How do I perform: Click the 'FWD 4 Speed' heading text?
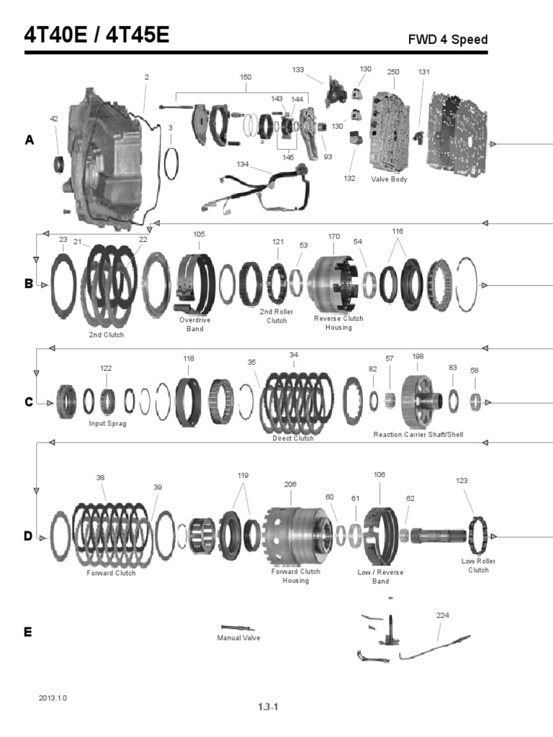[447, 40]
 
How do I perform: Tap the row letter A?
[29, 141]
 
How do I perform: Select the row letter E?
[27, 632]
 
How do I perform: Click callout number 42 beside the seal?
[53, 119]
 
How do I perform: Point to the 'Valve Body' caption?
[389, 179]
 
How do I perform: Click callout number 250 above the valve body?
[393, 72]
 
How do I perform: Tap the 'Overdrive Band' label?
[190, 324]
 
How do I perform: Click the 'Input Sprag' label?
[108, 423]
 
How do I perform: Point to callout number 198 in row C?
[418, 356]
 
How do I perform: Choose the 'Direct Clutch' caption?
[293, 438]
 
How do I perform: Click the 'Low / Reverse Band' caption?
[380, 577]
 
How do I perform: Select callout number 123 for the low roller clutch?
[462, 480]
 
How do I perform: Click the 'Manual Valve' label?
[239, 638]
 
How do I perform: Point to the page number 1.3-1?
[268, 707]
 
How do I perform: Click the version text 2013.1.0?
[53, 698]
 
